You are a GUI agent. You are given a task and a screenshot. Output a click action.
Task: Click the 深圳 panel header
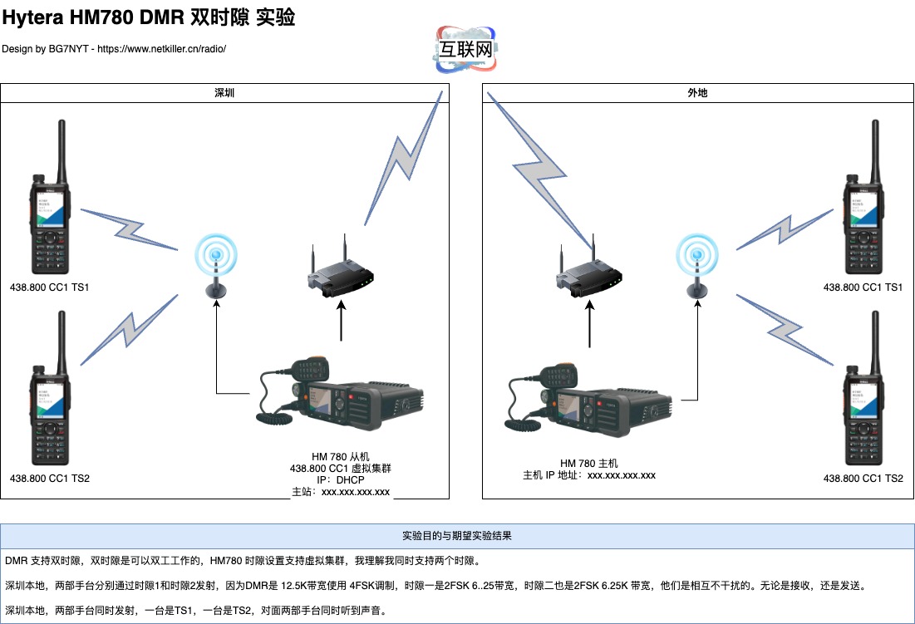click(x=224, y=93)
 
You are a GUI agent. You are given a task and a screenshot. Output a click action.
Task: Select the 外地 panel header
click(x=698, y=93)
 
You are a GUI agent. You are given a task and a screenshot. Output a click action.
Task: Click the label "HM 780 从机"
click(x=340, y=457)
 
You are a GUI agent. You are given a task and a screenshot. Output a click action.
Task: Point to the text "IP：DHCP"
click(x=340, y=480)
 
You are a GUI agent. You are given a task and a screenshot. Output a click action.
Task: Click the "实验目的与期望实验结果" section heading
click(x=457, y=536)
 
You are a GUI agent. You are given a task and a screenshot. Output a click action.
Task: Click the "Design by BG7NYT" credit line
click(x=114, y=49)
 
